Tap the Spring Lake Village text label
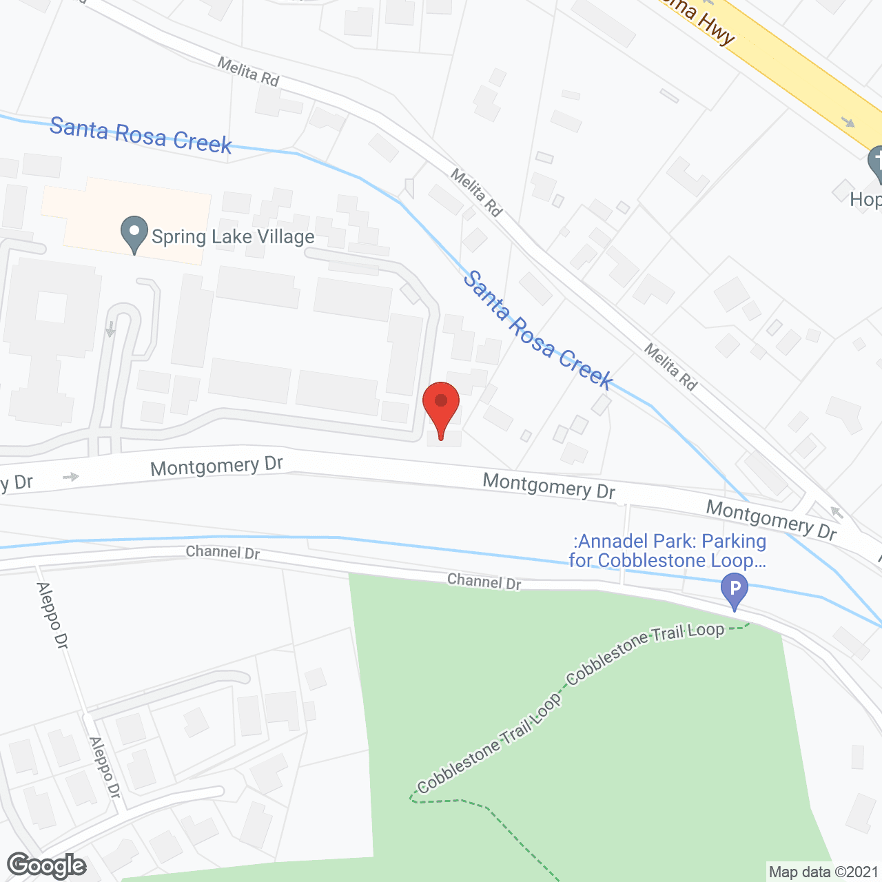pos(233,237)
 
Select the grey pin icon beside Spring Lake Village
pos(134,234)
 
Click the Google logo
pos(47,865)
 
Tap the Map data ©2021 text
pos(823,872)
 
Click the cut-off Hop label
pos(865,200)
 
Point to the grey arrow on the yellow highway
pos(848,123)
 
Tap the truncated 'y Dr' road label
pos(17,482)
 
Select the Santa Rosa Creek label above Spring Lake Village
pos(141,135)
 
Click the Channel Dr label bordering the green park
pos(484,582)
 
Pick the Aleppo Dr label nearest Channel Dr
pos(52,615)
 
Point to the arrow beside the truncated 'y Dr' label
pos(70,477)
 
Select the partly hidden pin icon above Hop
pos(876,164)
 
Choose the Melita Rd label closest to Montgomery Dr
pos(670,367)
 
